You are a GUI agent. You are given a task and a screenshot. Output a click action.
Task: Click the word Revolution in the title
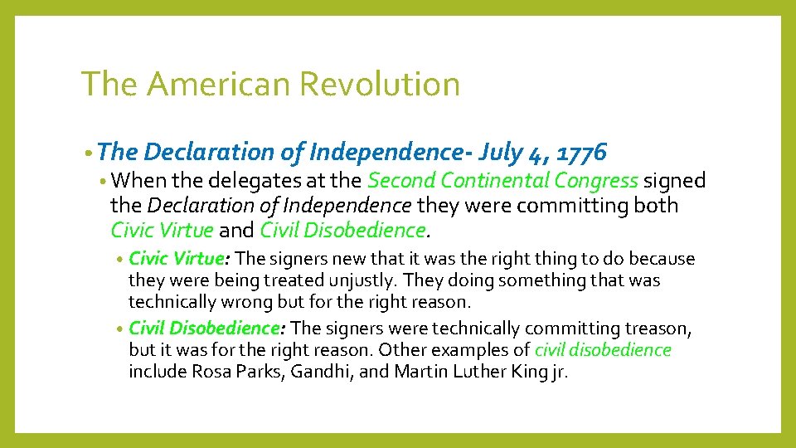pos(379,85)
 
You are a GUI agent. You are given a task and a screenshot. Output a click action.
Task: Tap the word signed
pos(675,181)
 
